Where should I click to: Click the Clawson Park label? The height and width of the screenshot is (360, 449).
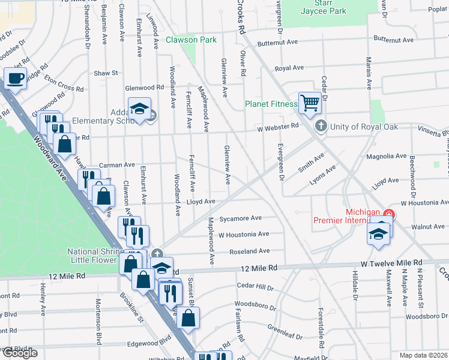[191, 40]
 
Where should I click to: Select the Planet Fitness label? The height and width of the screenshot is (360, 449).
[271, 104]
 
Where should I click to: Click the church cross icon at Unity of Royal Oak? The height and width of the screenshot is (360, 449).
[321, 126]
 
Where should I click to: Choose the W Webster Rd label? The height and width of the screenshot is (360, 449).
[277, 126]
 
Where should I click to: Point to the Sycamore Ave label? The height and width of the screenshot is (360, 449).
[240, 218]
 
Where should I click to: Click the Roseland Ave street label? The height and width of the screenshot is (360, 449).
[249, 251]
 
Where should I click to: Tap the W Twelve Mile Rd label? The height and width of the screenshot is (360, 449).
[391, 263]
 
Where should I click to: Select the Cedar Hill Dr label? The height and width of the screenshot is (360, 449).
[255, 286]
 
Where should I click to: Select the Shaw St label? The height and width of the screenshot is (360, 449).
[106, 73]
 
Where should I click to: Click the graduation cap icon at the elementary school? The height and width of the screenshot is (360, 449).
[139, 108]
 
